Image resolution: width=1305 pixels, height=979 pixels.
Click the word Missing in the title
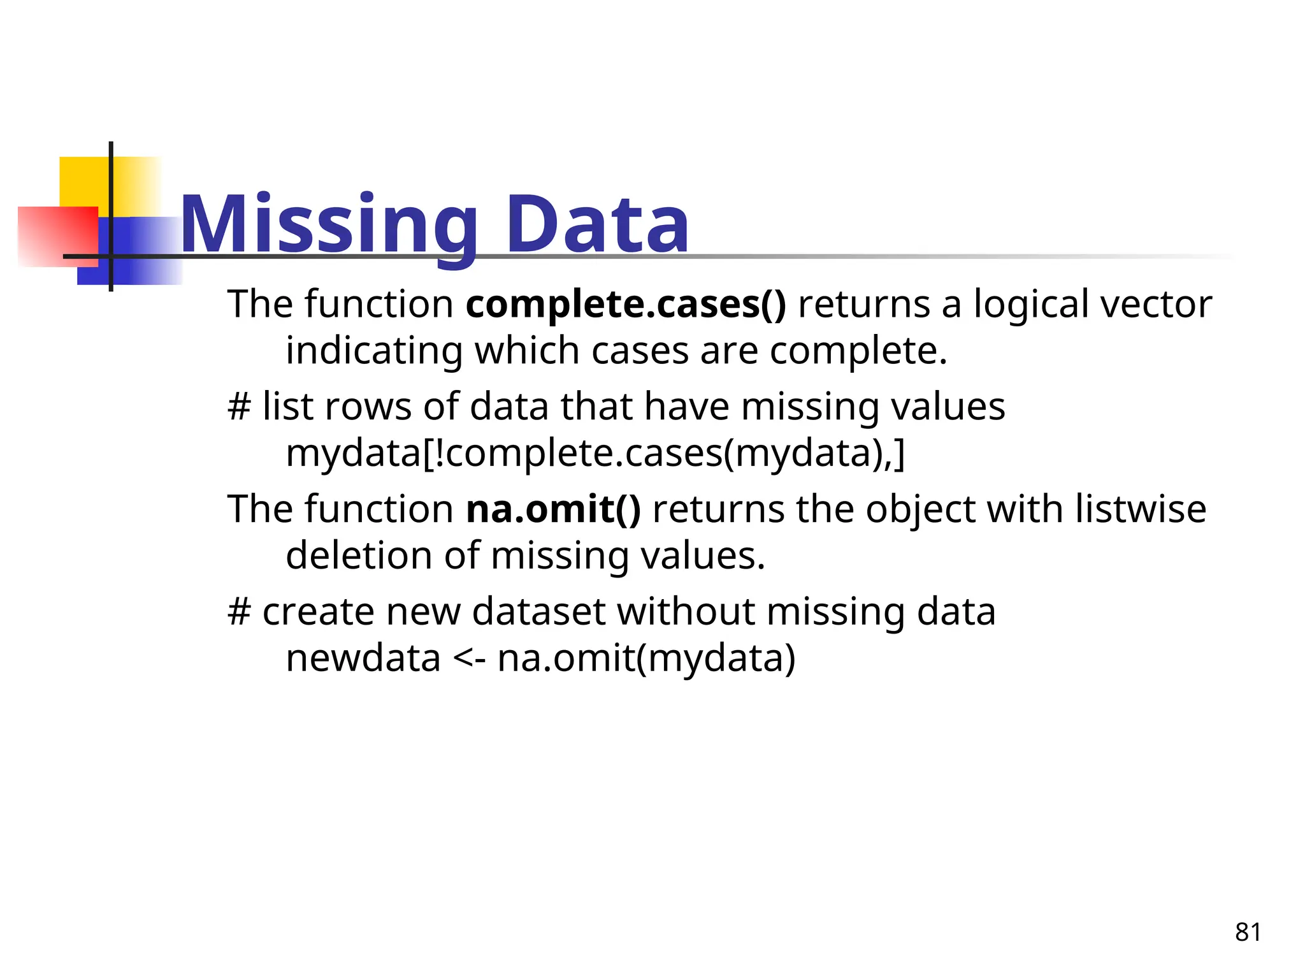[329, 224]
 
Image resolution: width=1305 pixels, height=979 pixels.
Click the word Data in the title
[598, 224]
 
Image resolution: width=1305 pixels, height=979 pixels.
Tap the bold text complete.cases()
[626, 304]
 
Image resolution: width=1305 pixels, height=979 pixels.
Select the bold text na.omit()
[553, 509]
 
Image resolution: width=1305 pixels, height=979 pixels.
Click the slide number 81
[1248, 932]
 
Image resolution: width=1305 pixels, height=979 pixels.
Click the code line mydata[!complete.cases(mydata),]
[595, 453]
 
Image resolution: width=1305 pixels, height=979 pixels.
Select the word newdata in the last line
[363, 658]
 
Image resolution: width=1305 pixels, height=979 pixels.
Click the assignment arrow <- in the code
[469, 658]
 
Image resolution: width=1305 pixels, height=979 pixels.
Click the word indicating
[374, 351]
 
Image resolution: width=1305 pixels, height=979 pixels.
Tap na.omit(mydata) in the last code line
[646, 658]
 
